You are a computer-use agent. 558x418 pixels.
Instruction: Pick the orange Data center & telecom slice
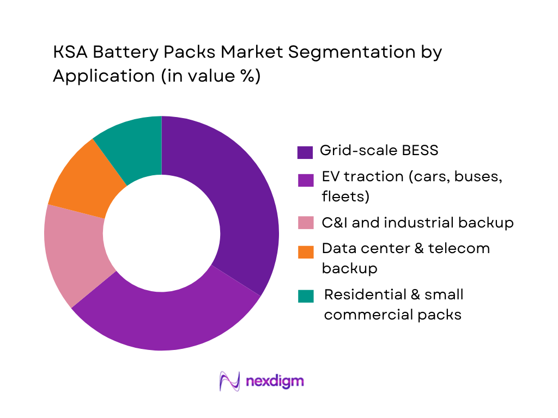(87, 180)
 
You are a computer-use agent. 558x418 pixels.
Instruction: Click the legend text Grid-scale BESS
(379, 150)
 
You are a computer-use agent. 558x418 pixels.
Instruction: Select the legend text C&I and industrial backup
(417, 223)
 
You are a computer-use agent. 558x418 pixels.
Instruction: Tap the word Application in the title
(104, 76)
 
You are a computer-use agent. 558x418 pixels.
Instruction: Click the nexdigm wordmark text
(275, 380)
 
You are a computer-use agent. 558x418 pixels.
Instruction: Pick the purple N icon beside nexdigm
(229, 381)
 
